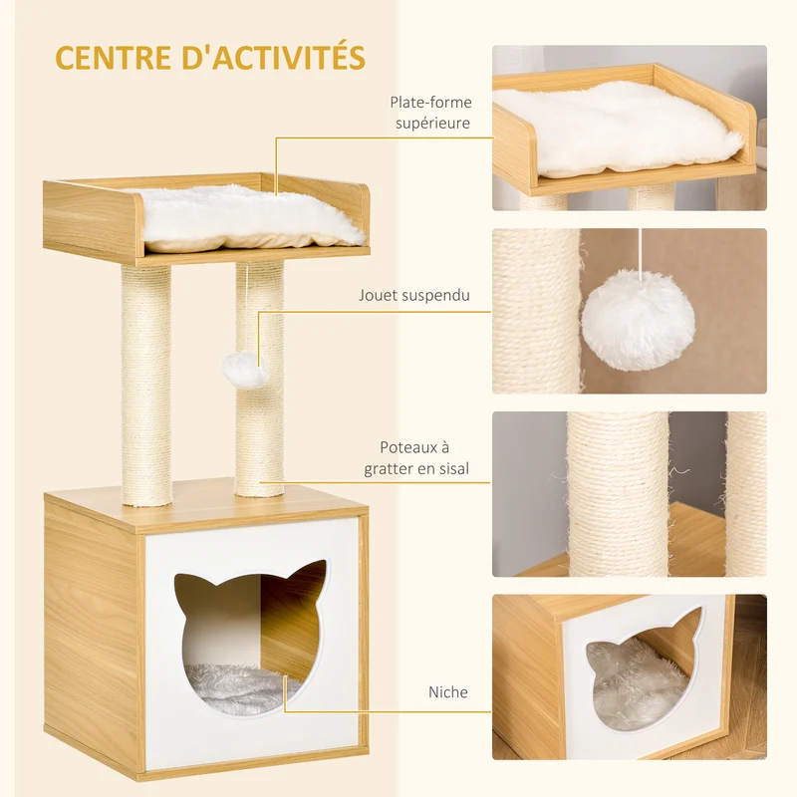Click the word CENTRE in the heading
[x=113, y=57]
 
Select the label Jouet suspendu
[x=414, y=295]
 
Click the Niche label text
[x=447, y=691]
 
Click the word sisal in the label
[x=451, y=468]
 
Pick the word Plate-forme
[x=430, y=103]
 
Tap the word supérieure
[x=432, y=124]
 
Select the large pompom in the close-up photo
[x=638, y=320]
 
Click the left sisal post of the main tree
[x=146, y=385]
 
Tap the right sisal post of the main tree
[x=259, y=379]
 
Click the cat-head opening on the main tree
[x=252, y=638]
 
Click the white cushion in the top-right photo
[x=618, y=130]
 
